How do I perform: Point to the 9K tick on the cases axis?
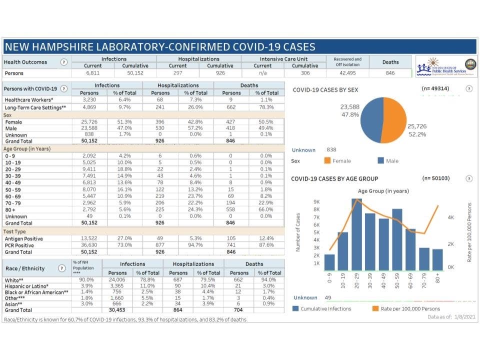tap(316, 202)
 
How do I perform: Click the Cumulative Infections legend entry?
tap(321, 308)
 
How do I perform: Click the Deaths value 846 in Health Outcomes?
tap(390, 73)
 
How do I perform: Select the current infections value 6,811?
tap(93, 73)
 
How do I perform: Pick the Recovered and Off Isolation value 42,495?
tap(347, 73)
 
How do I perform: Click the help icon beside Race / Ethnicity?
tap(61, 268)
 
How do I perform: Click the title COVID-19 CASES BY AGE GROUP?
tap(334, 178)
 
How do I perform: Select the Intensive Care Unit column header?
tap(283, 58)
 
